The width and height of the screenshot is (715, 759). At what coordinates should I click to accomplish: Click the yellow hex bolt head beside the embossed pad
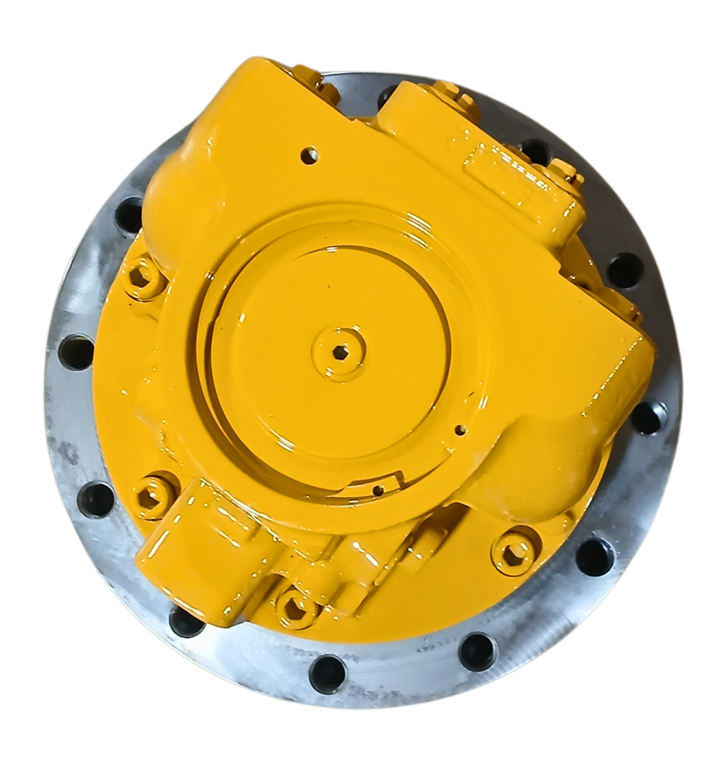[562, 169]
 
